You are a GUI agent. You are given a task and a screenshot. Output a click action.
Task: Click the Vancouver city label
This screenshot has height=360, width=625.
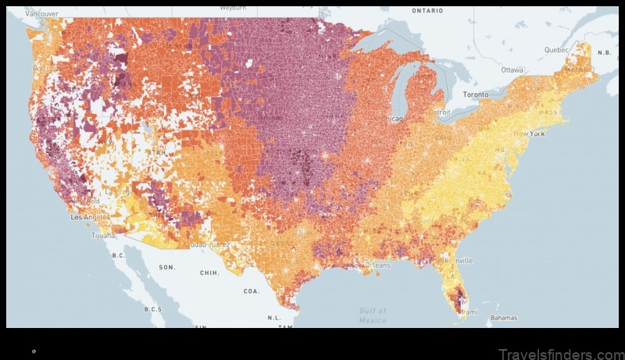point(40,14)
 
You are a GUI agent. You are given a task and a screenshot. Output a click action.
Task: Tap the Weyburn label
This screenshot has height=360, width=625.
point(233,7)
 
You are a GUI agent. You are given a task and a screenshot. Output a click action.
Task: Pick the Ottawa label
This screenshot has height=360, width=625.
point(512,70)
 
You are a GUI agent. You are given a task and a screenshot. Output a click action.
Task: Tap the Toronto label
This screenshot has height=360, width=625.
point(475,94)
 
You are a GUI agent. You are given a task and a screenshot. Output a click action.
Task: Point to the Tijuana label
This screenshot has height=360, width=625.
point(103,234)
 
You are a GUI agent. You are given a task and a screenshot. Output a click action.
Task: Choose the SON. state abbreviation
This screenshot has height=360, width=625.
point(167,267)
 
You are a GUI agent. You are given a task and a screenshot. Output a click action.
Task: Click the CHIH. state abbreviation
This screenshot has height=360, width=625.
point(210,273)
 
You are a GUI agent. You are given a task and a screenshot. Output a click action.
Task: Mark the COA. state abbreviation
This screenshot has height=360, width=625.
point(251,290)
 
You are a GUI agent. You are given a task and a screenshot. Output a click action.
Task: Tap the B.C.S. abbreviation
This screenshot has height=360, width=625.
point(153,309)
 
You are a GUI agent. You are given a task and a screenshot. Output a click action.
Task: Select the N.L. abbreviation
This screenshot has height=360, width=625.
point(274,318)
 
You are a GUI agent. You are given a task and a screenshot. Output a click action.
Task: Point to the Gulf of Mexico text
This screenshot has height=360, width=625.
point(373,315)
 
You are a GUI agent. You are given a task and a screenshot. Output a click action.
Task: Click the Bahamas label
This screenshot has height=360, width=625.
point(504,318)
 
